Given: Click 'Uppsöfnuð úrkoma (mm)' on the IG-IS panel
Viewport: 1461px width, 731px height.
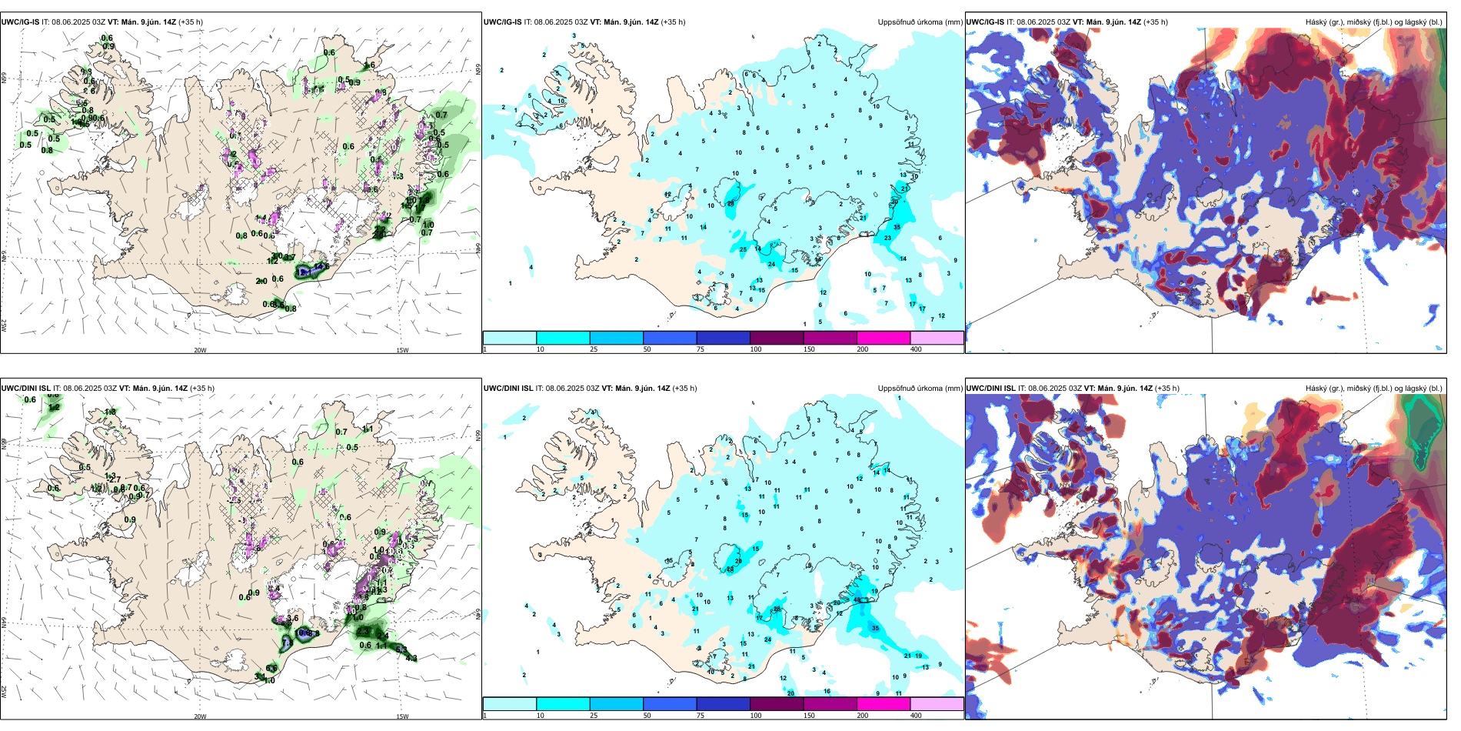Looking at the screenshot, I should pos(920,22).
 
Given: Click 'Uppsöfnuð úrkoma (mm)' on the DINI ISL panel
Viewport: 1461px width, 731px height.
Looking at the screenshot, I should pos(920,389).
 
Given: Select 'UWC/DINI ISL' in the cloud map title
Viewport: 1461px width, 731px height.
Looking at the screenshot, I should pos(990,389).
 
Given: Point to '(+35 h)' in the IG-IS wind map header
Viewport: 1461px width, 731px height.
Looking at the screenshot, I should pos(191,22).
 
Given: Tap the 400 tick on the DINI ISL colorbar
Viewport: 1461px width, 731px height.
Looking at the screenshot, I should pos(916,716).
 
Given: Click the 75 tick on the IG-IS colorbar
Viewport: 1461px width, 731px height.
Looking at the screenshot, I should pos(701,349).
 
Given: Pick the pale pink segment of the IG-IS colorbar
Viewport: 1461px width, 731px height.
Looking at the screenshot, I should pos(937,338).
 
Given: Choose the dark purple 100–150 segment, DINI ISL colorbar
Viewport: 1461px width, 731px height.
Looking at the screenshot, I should pos(776,704).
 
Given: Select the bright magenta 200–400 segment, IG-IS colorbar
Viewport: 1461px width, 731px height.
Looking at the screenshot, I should pos(883,338).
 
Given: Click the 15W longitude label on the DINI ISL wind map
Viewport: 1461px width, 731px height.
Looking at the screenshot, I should pos(402,716).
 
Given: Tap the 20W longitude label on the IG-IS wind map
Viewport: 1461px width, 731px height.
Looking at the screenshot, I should pos(200,350).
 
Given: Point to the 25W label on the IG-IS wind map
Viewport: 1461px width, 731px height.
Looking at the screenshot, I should pos(4,325).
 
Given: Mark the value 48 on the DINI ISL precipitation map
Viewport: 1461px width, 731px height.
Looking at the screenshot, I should pos(857,599).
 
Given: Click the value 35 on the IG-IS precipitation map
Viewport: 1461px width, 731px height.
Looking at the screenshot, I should pos(897,228).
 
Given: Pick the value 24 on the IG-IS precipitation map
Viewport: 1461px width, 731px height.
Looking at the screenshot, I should pos(771,265).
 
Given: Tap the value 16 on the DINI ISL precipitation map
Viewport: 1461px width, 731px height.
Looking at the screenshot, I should pos(827,691).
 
